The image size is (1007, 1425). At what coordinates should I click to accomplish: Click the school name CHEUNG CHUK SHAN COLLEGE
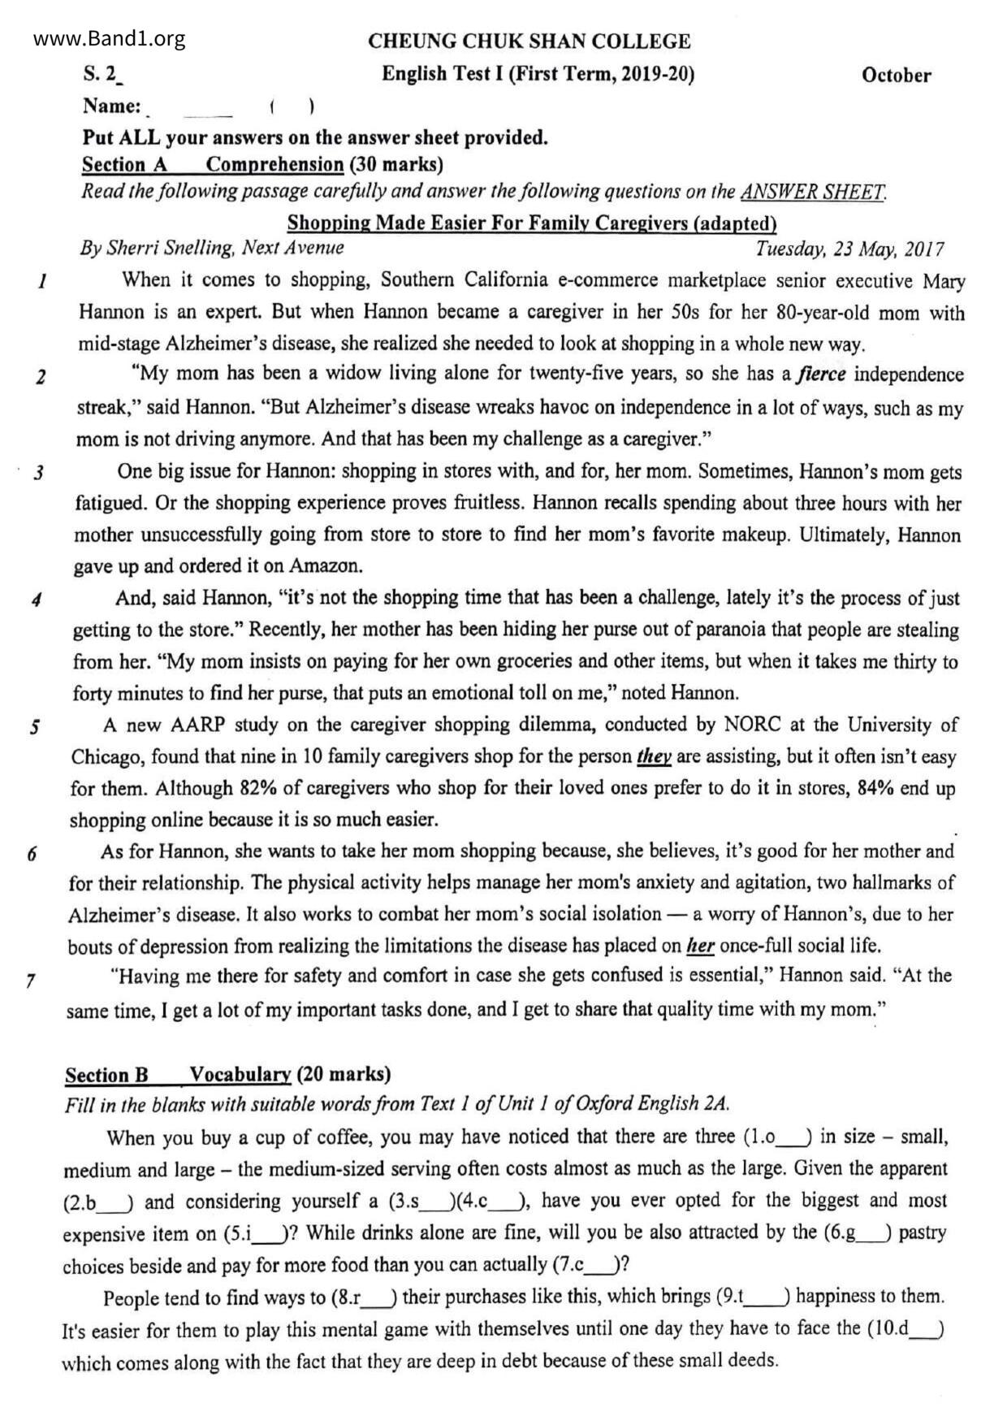[529, 41]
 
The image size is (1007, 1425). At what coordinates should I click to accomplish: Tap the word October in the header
[896, 76]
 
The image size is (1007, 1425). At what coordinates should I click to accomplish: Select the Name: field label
[112, 106]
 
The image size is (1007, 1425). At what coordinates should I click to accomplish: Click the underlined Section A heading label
[124, 165]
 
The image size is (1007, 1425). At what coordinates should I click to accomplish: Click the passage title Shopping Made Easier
[532, 223]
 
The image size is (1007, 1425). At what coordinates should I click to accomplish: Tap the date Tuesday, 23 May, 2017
[849, 249]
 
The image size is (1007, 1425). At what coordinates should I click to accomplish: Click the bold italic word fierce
[823, 375]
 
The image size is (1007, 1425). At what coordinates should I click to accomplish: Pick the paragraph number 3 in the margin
[38, 473]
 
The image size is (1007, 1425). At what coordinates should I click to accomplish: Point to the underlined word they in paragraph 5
[654, 757]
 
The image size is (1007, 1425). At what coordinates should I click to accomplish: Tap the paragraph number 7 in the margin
[30, 981]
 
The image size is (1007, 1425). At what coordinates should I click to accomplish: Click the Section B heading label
[107, 1075]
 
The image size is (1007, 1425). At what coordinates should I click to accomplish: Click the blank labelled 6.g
[872, 1233]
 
